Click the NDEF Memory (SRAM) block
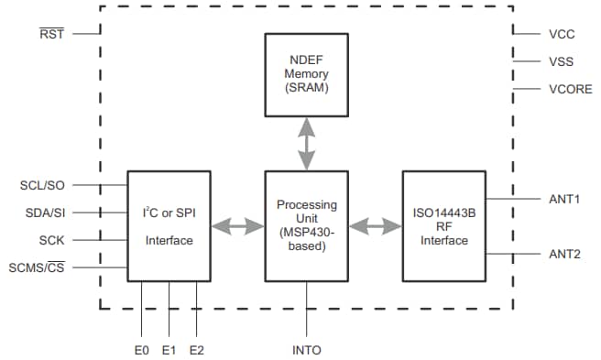click(306, 74)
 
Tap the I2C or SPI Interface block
click(169, 225)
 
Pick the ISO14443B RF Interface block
click(443, 225)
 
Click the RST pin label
click(53, 35)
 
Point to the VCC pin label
click(562, 34)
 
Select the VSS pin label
click(562, 61)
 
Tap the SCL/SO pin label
click(42, 185)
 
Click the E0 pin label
click(141, 350)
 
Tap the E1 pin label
click(169, 350)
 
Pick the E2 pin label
click(196, 350)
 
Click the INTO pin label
click(306, 350)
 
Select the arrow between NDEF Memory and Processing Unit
click(306, 143)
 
